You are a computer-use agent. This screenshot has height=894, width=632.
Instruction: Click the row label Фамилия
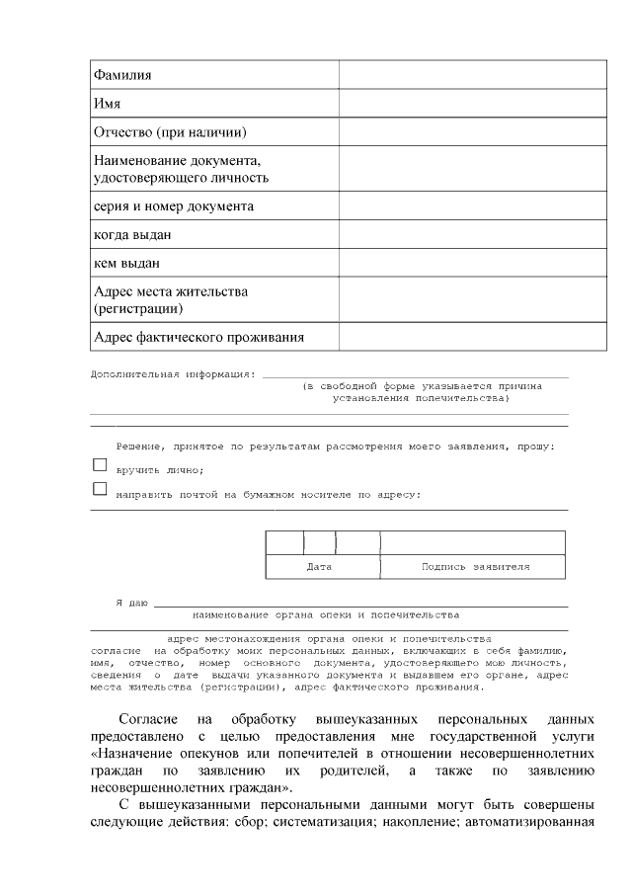coord(122,75)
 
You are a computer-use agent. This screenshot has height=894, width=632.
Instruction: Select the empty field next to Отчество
coord(472,131)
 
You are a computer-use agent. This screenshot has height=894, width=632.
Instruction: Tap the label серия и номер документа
coord(173,206)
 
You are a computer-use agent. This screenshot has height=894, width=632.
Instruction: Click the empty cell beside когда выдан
coord(472,235)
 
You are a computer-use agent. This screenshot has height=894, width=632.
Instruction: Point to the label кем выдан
coord(126,264)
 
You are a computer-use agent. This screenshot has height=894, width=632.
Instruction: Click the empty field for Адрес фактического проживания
coord(472,338)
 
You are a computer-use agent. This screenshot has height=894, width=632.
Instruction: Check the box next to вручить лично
coord(99,464)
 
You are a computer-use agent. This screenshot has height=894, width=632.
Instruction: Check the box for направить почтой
coord(99,489)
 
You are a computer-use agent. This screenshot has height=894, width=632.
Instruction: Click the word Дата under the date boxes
coord(319,567)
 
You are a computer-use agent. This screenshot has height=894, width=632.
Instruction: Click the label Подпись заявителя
coord(475,567)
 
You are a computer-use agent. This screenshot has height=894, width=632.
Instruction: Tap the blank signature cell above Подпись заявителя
coord(473,543)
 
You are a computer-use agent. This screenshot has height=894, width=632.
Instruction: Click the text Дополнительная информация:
coord(173,375)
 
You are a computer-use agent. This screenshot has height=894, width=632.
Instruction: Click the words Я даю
coord(131,602)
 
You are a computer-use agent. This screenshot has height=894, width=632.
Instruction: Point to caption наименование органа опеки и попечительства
coord(326,614)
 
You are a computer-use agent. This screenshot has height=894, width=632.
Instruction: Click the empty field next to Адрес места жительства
coord(472,300)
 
